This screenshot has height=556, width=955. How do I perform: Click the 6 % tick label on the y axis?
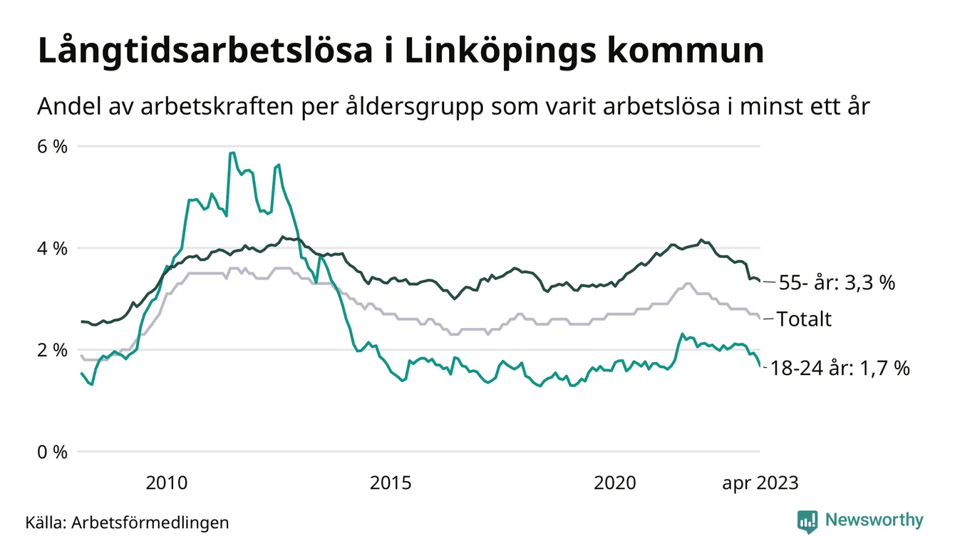[x=51, y=147]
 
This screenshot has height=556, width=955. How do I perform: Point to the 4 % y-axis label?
[x=51, y=249]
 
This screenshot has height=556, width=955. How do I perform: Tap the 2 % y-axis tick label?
[x=51, y=350]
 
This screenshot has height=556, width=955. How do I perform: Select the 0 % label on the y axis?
[x=51, y=452]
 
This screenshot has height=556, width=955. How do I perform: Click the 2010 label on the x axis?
[x=167, y=483]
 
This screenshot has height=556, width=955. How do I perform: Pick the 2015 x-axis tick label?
[x=391, y=483]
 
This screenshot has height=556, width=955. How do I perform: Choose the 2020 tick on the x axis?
[x=615, y=483]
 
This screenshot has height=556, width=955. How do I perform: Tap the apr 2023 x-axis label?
[x=760, y=483]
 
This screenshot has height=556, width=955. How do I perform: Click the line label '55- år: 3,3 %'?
[x=837, y=283]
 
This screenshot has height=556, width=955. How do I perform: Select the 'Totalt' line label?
[x=804, y=319]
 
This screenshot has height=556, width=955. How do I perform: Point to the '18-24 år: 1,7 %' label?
[x=840, y=369]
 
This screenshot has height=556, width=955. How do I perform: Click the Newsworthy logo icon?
[x=807, y=521]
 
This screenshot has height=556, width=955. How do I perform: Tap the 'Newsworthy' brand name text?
[x=874, y=520]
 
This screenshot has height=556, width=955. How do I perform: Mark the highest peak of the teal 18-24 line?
[x=232, y=153]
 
